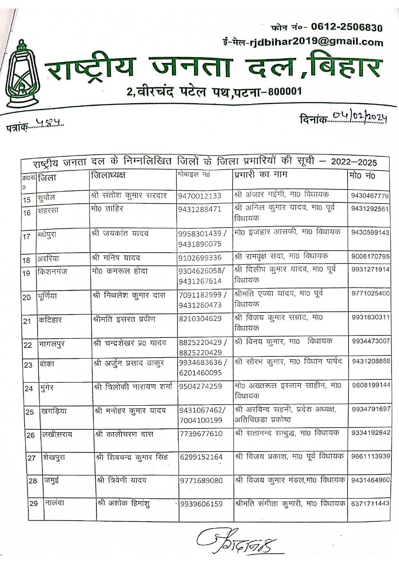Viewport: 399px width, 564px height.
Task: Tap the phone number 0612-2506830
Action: coord(347,27)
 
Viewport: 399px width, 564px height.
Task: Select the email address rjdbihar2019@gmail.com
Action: coord(316,42)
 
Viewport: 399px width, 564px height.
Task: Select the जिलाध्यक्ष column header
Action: coord(108,175)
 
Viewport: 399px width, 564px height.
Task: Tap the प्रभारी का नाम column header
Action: coord(261,175)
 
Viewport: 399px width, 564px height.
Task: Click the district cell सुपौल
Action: coord(46,197)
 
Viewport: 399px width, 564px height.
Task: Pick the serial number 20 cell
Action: coord(27,297)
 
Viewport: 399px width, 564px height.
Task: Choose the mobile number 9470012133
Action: coord(200,196)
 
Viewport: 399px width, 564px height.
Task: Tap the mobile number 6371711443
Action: coord(370,503)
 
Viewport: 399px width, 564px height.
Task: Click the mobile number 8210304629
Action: coord(200,318)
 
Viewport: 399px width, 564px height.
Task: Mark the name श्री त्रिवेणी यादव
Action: coord(122,480)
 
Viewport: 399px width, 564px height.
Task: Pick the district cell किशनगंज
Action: coord(52,271)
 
